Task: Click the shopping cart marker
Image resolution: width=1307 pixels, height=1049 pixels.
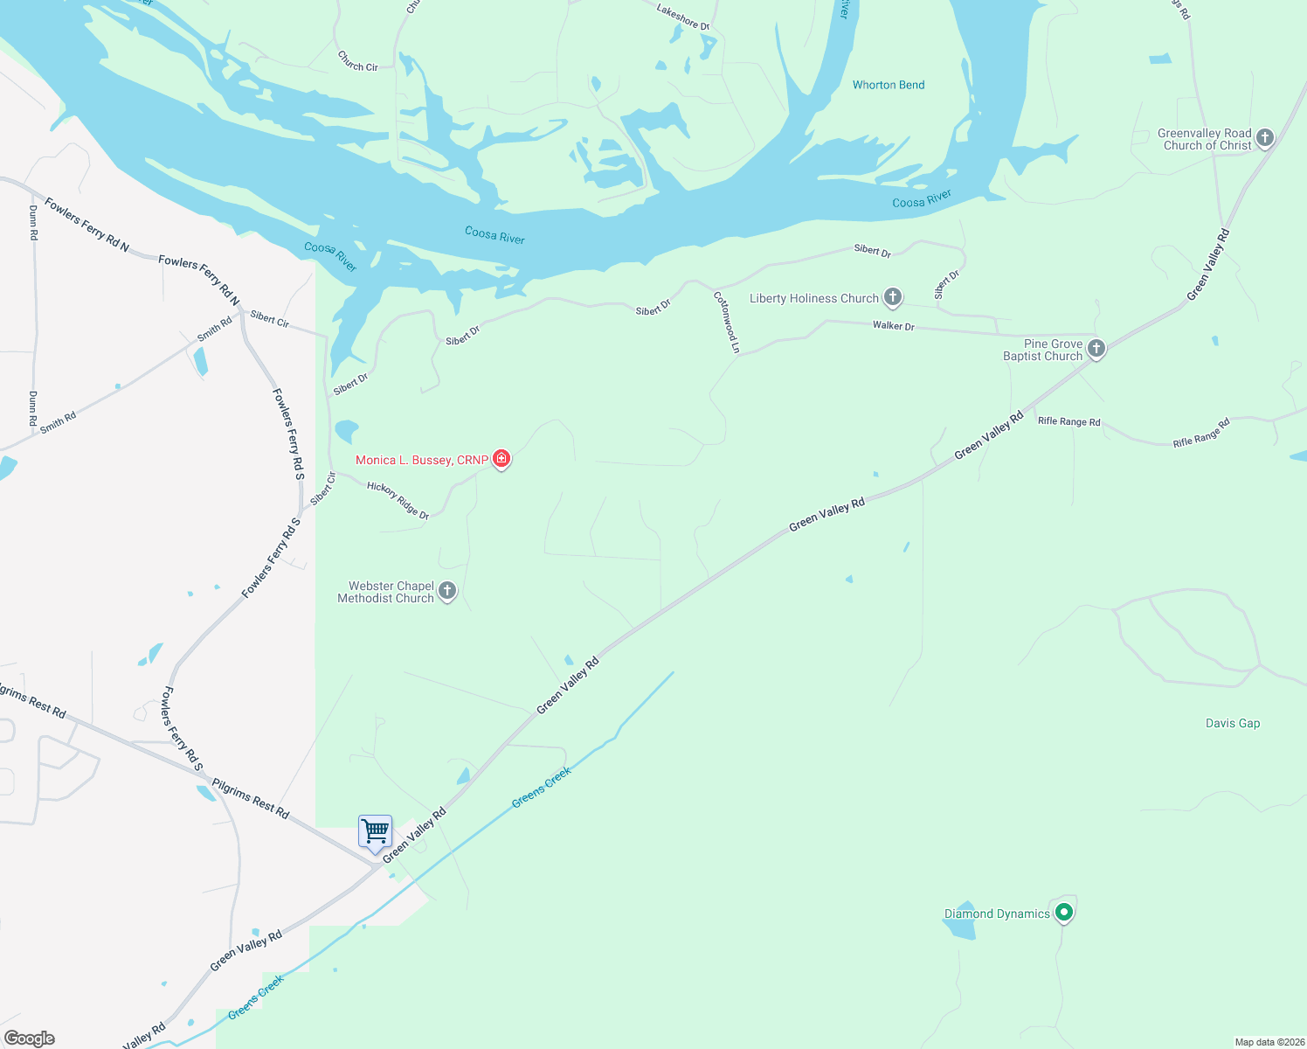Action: click(375, 831)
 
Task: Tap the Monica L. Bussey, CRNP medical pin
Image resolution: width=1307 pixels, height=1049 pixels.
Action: click(501, 458)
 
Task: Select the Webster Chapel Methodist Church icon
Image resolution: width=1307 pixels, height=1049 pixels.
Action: click(447, 591)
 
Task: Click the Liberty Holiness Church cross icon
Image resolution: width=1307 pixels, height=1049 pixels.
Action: click(892, 297)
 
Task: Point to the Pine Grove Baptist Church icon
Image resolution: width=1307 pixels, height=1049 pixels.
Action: click(1096, 348)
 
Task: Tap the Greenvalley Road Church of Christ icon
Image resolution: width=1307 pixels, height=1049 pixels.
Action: click(1265, 138)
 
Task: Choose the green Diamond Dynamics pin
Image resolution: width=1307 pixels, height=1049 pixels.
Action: click(1064, 913)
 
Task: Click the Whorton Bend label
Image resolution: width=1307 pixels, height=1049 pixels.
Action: click(888, 85)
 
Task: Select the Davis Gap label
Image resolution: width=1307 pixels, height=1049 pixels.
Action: click(1232, 723)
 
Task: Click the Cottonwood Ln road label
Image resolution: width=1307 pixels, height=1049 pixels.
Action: click(727, 323)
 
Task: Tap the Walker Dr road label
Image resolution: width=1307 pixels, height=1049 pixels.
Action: click(893, 326)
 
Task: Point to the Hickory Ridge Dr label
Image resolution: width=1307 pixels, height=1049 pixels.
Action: click(398, 500)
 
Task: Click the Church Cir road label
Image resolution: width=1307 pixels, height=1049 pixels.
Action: click(357, 61)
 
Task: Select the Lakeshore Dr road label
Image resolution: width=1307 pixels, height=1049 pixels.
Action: click(683, 17)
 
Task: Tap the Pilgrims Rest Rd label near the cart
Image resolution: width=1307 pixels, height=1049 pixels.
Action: click(251, 799)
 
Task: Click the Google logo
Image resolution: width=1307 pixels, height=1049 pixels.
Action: click(30, 1039)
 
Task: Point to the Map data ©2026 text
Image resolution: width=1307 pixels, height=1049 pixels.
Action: click(1269, 1042)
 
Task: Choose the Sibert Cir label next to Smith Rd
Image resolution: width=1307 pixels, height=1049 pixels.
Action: click(269, 319)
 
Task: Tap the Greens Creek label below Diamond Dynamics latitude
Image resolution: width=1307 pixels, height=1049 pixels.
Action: click(256, 997)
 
